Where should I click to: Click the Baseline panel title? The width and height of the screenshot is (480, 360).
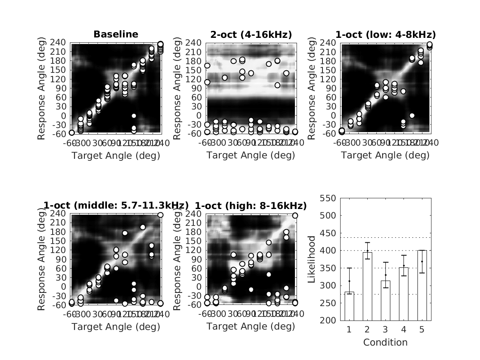point(116,35)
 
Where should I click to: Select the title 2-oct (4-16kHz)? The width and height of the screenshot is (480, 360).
point(251,35)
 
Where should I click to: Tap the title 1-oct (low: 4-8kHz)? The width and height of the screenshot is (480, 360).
point(385,35)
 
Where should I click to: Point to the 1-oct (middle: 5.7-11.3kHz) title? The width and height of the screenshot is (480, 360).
point(116,206)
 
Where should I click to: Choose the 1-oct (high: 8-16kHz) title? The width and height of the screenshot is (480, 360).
point(251,206)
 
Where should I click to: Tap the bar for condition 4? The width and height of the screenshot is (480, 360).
point(403,294)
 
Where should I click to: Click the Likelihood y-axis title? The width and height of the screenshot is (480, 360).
point(311,259)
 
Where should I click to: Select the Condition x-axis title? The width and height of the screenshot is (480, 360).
point(385,342)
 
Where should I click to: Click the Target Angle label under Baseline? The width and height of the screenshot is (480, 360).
point(116,156)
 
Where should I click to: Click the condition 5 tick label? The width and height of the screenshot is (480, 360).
point(422,330)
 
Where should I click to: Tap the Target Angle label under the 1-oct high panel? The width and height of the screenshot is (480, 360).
point(251,327)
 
